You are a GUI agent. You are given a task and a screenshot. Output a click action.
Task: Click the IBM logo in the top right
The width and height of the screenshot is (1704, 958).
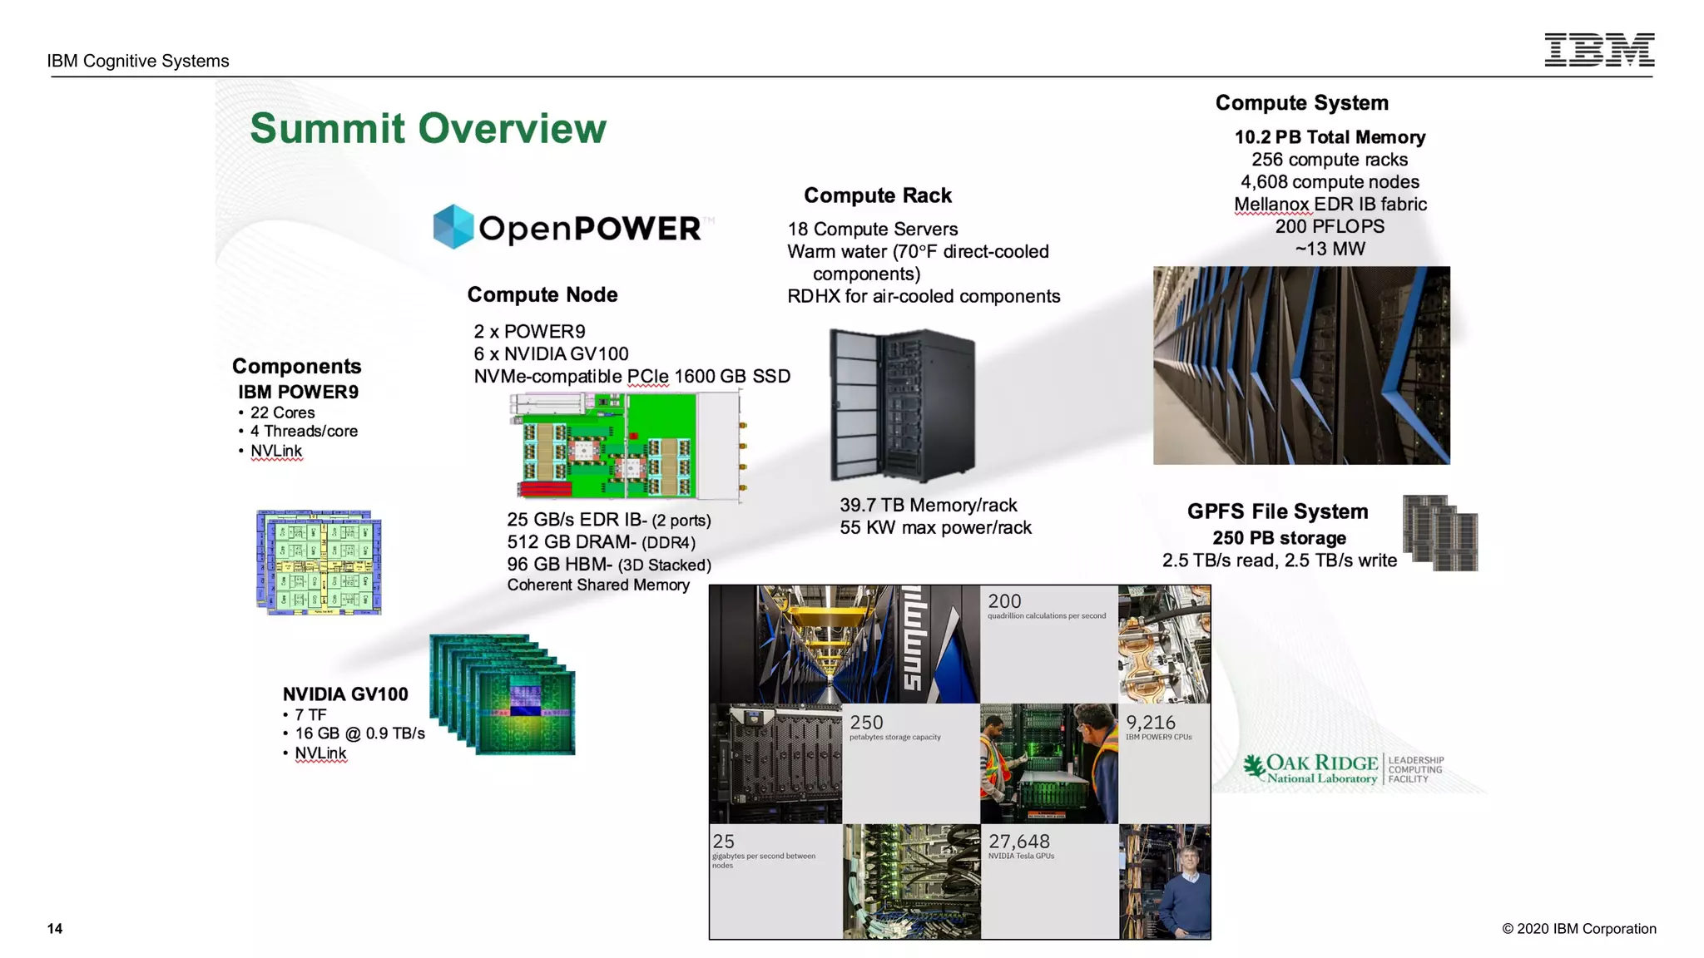(x=1599, y=50)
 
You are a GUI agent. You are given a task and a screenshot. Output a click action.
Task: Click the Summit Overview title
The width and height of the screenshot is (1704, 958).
(x=428, y=128)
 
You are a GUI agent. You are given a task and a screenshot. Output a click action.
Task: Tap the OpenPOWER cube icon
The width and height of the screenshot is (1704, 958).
(x=453, y=226)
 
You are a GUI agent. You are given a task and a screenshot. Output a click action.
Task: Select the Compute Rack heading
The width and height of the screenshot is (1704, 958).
(x=877, y=195)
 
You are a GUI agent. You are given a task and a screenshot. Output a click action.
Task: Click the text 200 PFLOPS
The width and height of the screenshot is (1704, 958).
(x=1330, y=226)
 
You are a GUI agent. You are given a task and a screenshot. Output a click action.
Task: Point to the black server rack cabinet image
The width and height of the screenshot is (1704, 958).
(x=903, y=405)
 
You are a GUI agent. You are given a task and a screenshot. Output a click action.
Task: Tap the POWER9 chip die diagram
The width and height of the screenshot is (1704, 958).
(x=319, y=563)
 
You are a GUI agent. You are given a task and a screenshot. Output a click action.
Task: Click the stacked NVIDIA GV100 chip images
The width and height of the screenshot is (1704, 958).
(x=503, y=694)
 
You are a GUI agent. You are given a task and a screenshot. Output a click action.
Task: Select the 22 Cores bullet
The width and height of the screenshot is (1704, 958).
(x=282, y=412)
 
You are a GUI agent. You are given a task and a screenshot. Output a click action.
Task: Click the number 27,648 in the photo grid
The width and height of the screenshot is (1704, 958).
(x=1018, y=842)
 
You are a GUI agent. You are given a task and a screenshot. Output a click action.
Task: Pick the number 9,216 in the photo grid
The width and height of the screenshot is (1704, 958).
(x=1151, y=723)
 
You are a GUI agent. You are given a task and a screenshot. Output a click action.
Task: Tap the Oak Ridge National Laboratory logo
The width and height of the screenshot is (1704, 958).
(x=1342, y=769)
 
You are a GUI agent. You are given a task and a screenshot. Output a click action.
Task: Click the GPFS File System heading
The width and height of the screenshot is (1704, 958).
(x=1277, y=511)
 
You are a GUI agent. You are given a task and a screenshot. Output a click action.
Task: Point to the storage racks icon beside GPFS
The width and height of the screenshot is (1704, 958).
(x=1440, y=533)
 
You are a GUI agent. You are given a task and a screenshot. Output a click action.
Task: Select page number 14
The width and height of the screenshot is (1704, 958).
(x=55, y=929)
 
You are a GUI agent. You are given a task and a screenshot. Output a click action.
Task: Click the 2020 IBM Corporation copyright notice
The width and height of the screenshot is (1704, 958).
(x=1578, y=929)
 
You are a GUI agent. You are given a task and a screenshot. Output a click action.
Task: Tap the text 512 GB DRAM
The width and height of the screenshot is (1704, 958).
(x=572, y=542)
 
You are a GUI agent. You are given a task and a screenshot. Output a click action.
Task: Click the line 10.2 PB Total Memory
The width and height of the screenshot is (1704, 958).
(x=1330, y=137)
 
